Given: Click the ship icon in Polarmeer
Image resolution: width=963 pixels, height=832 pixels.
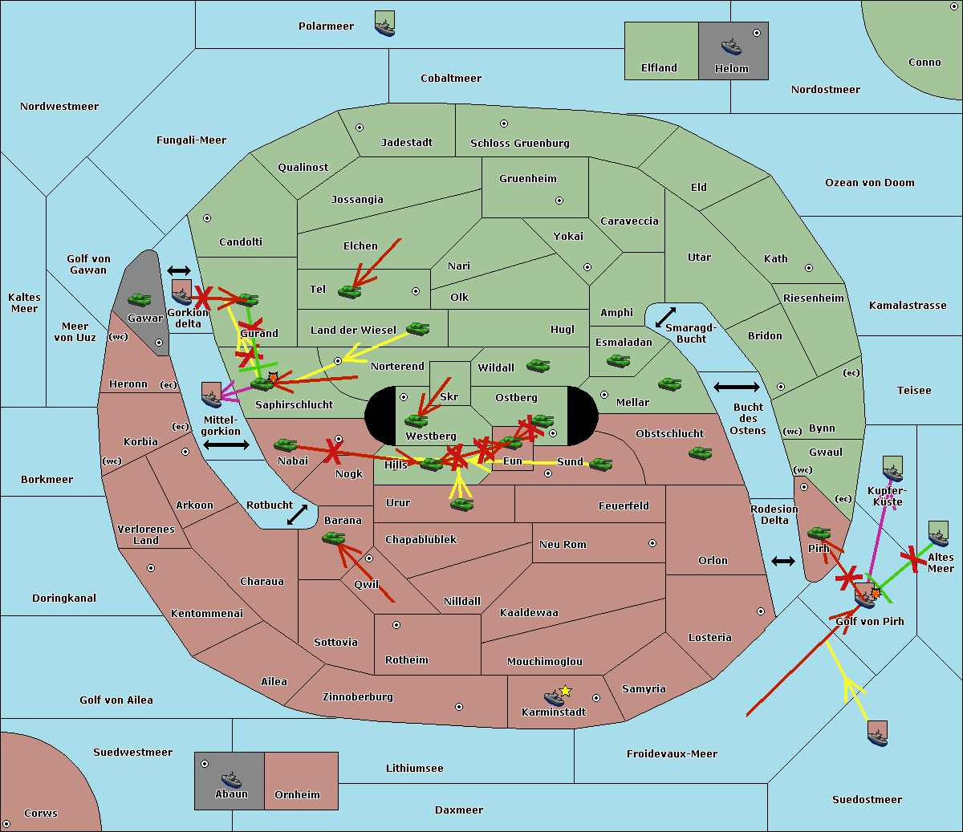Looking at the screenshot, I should point(384,25).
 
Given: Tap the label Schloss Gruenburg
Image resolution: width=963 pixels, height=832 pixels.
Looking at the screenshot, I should point(519,144).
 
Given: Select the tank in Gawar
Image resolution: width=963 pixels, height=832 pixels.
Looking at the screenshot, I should point(140,300).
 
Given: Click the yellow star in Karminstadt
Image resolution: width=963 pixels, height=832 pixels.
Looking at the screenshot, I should point(565,691).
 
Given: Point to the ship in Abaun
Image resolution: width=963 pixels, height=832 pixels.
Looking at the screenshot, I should point(231,779).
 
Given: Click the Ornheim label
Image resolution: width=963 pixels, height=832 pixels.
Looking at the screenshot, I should point(297,795).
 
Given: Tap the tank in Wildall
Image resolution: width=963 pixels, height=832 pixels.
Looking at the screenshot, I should point(538,366).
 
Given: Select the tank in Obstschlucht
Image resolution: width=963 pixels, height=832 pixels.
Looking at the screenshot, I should point(701,453).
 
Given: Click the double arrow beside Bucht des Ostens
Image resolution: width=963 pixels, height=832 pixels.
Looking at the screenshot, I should point(736,388).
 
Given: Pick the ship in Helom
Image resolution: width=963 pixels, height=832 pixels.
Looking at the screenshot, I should point(731,47).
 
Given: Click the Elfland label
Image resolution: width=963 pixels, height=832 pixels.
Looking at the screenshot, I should point(659,68).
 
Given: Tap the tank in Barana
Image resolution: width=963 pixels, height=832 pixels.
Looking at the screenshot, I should point(334,538).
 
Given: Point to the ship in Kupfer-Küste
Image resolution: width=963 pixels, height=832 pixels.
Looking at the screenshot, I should point(892,469).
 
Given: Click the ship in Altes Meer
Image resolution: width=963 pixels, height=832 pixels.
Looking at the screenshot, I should point(938,534).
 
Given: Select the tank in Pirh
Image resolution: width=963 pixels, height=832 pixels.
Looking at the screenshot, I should point(819,533).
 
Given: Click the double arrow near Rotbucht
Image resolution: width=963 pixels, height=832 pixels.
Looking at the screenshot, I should point(297,514).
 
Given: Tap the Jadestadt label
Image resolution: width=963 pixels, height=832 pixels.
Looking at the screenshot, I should point(406,143).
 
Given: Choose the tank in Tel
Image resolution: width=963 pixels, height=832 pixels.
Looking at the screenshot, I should point(349,292).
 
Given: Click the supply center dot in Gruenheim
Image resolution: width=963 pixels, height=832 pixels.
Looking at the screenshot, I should point(559,201).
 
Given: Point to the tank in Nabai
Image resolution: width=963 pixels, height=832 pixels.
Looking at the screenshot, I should point(286,444).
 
